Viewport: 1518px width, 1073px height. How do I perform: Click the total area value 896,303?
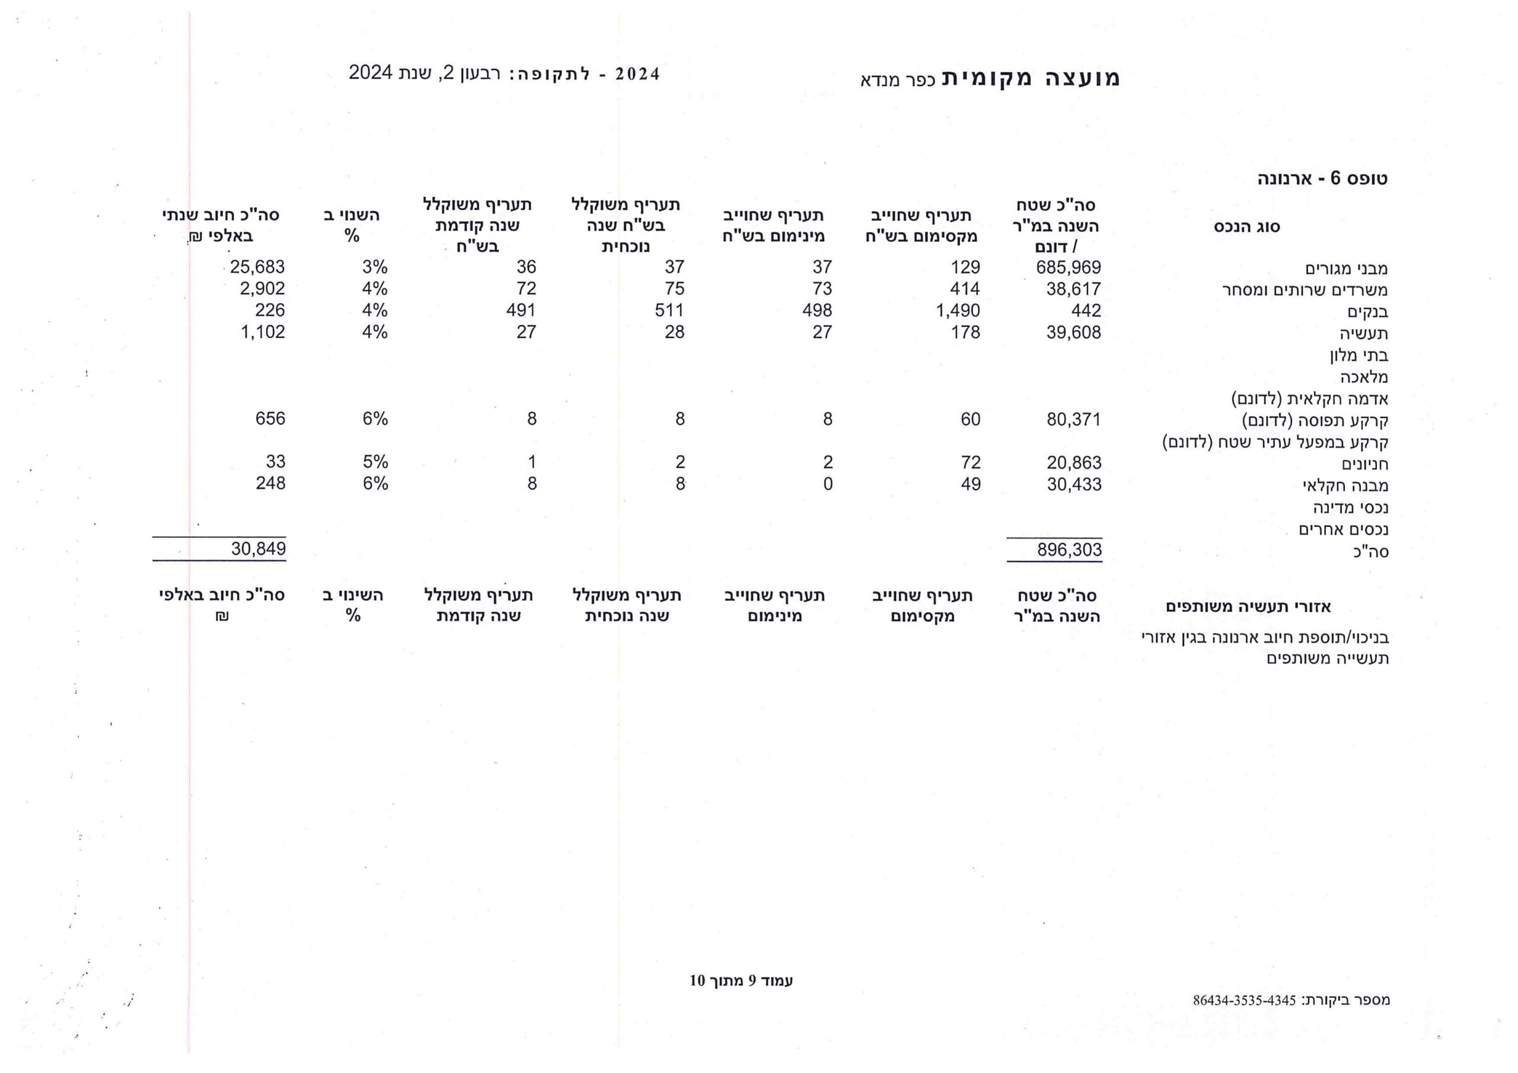(1069, 550)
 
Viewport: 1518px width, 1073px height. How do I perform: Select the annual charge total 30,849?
(259, 549)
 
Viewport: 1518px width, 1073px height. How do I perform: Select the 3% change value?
(374, 267)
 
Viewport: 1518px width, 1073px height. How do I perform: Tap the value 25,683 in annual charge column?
(257, 267)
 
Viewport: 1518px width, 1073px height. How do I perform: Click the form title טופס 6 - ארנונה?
(1322, 178)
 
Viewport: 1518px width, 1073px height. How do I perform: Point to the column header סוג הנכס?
(1246, 227)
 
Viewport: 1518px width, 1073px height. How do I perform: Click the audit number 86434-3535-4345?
(1243, 1001)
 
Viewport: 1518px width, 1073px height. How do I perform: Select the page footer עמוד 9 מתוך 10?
(741, 981)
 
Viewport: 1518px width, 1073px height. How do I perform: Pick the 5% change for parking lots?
(375, 462)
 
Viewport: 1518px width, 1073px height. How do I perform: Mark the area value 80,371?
(1073, 420)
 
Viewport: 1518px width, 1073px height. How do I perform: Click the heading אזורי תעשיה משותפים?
(1248, 607)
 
